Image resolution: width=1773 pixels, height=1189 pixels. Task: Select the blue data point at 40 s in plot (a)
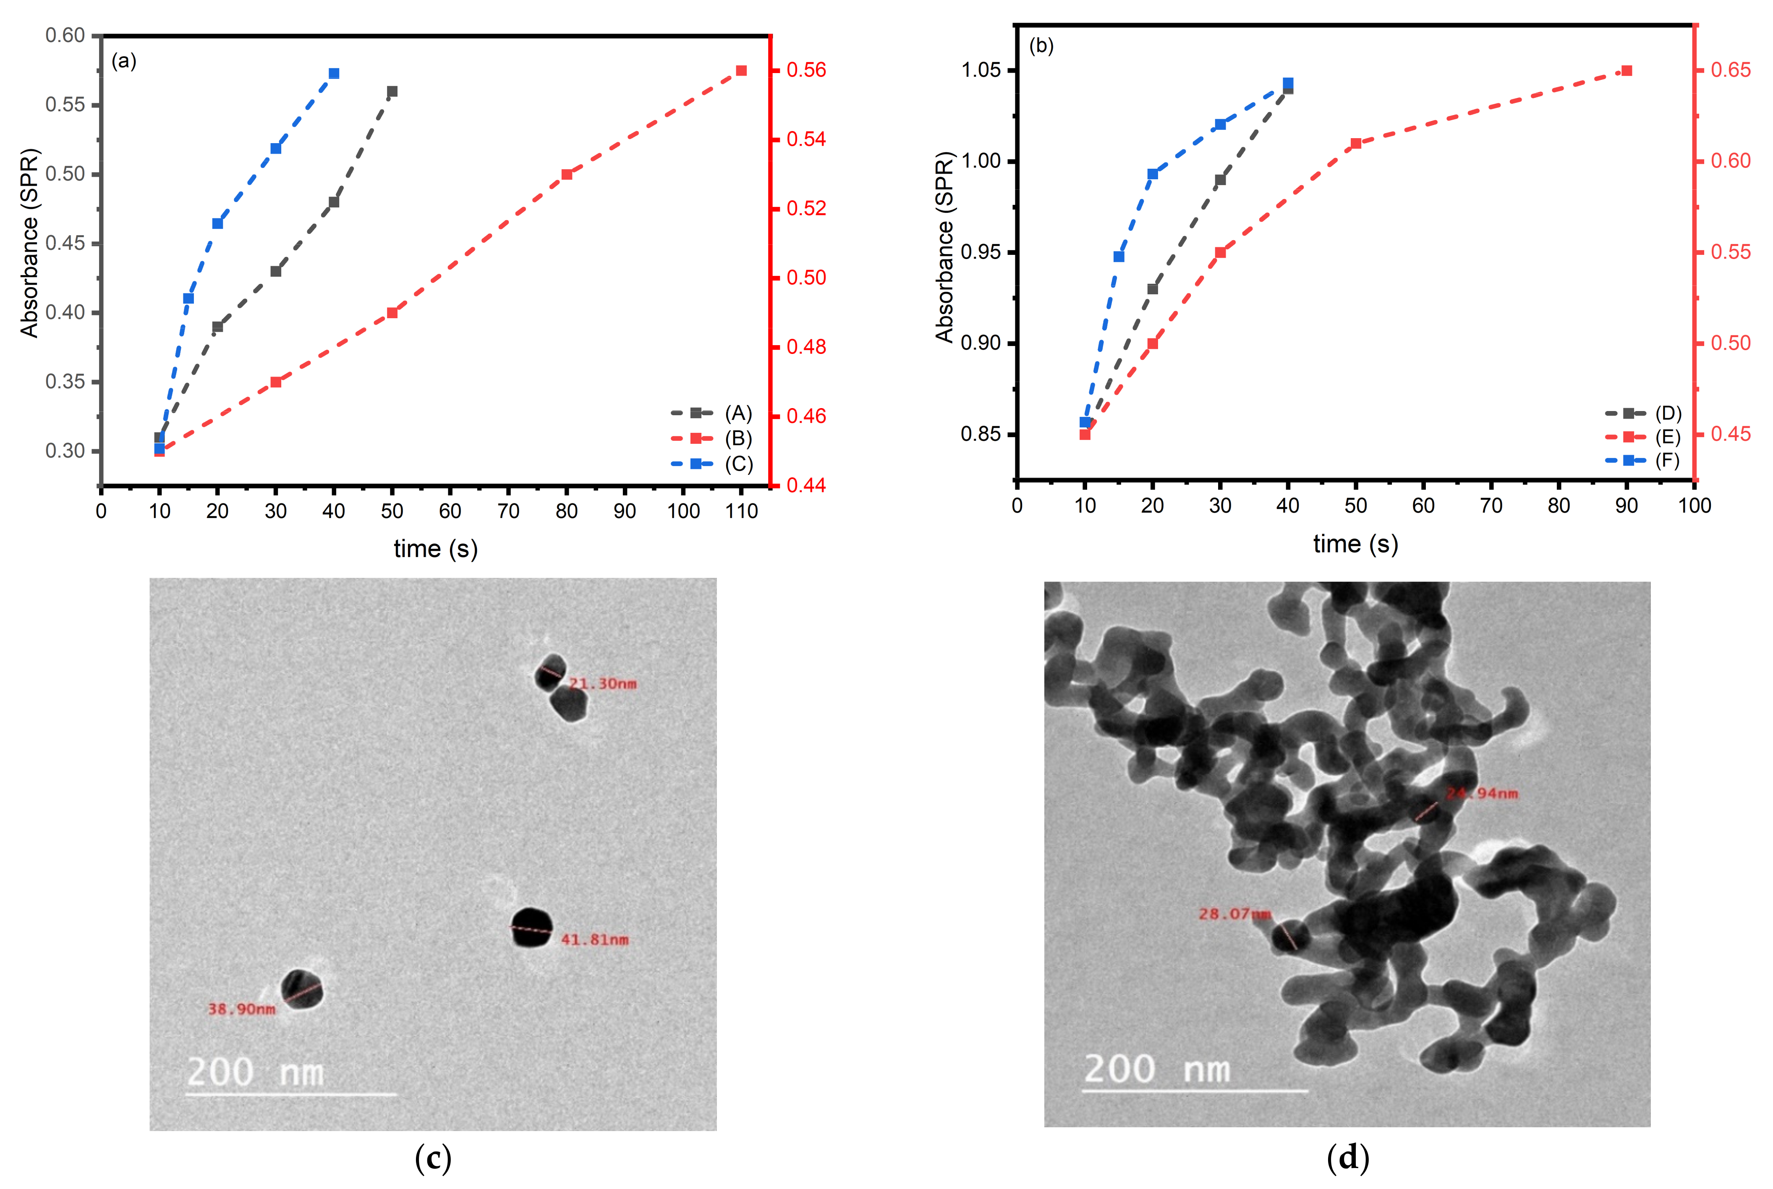click(334, 73)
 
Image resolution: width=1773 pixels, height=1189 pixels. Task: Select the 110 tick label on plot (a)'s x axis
click(741, 511)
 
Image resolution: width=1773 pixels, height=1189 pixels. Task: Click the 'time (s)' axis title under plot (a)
click(435, 548)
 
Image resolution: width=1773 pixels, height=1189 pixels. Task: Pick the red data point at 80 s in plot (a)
click(566, 174)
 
